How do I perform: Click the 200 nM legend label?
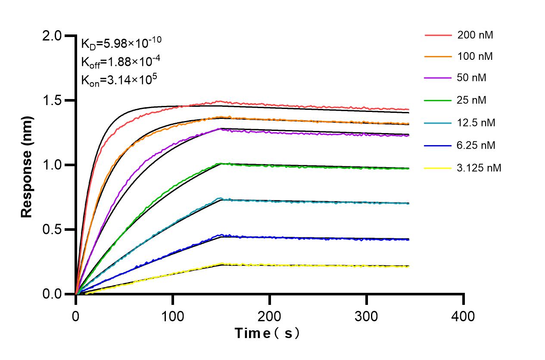tap(475, 35)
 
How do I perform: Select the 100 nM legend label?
tap(475, 57)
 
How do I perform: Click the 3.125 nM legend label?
tap(479, 168)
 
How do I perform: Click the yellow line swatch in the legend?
tap(437, 168)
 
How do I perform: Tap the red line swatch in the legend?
tap(437, 35)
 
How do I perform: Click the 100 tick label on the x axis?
tap(173, 317)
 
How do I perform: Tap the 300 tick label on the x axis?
tap(367, 317)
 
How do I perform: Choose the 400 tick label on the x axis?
tap(464, 317)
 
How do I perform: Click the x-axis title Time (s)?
tap(267, 333)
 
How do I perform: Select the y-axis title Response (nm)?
tap(27, 165)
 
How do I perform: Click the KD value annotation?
tap(121, 43)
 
